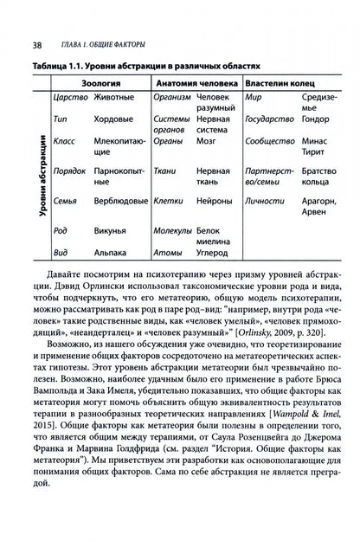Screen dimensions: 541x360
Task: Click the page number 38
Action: [37, 20]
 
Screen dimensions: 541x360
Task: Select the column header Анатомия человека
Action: [196, 82]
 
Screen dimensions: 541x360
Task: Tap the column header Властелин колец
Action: [286, 82]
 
